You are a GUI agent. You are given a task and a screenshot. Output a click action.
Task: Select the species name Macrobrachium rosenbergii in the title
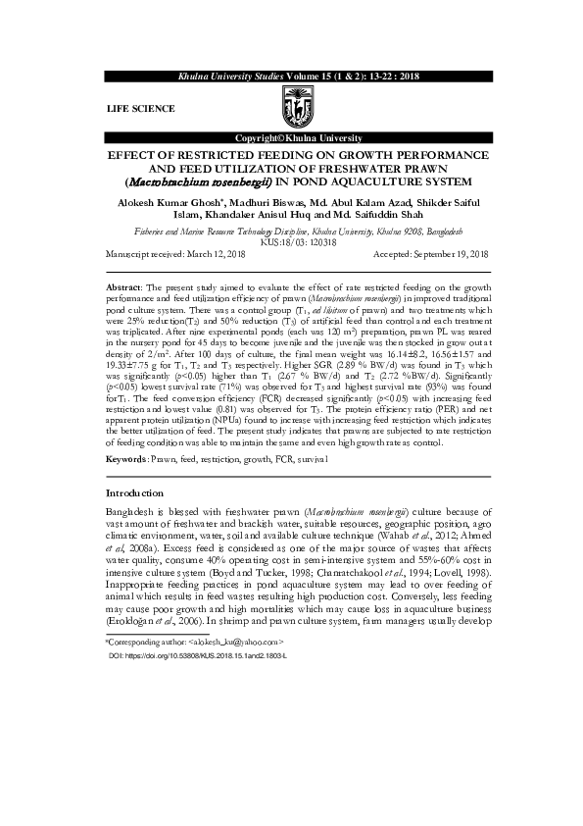click(x=191, y=181)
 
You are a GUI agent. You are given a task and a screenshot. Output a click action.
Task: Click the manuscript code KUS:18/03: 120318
click(x=291, y=242)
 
